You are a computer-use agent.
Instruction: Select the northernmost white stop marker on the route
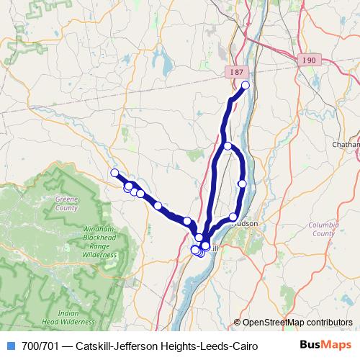click(x=245, y=86)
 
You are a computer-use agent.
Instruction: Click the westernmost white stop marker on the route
click(x=114, y=173)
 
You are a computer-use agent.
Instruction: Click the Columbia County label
click(x=323, y=229)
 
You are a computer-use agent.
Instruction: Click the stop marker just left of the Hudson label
click(x=233, y=217)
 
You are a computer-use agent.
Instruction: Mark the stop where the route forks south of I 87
click(x=228, y=147)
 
